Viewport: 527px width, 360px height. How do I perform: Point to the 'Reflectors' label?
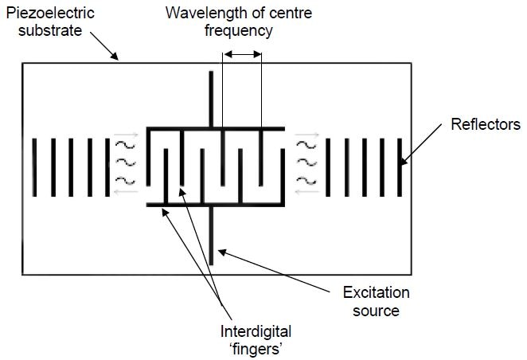pyautogui.click(x=486, y=124)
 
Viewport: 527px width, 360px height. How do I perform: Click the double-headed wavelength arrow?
pyautogui.click(x=241, y=54)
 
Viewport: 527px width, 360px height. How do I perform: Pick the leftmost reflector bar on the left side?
pyautogui.click(x=35, y=167)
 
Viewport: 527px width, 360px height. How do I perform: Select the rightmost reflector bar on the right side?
pyautogui.click(x=401, y=167)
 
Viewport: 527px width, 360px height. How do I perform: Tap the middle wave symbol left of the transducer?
pyautogui.click(x=123, y=162)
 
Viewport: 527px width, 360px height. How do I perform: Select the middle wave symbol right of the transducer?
pyautogui.click(x=304, y=162)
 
